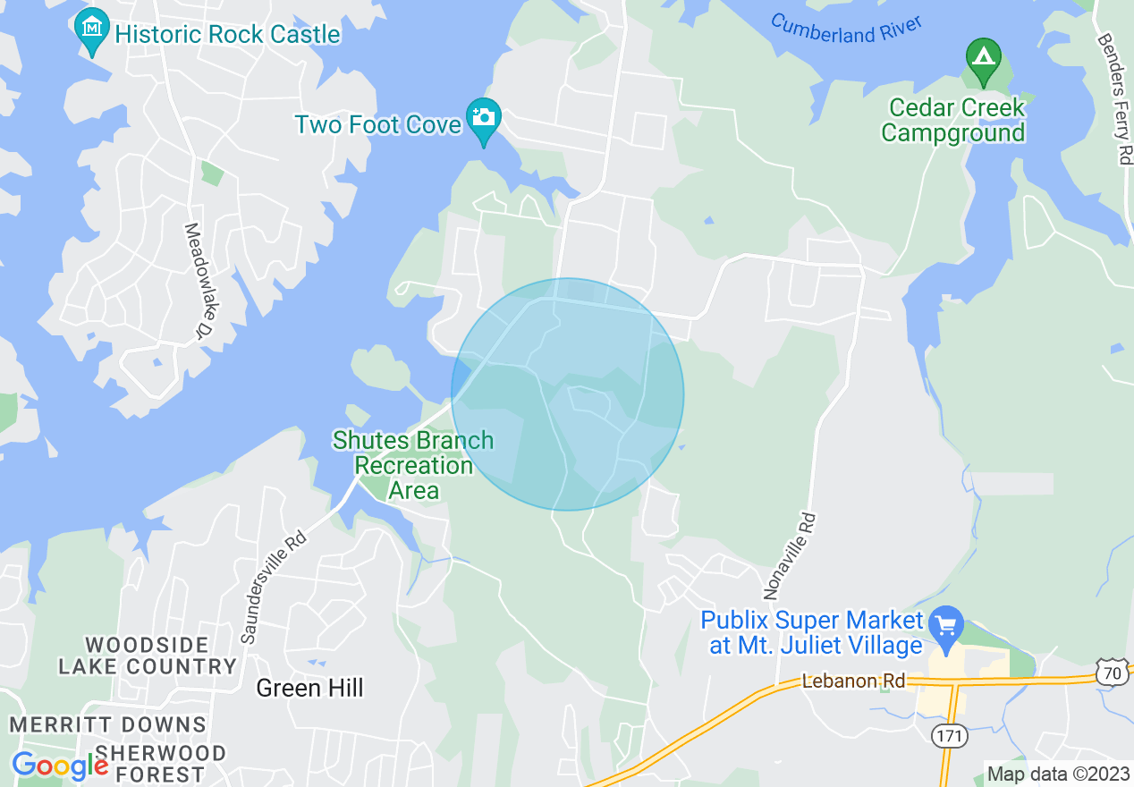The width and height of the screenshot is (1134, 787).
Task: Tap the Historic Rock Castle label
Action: [x=228, y=35]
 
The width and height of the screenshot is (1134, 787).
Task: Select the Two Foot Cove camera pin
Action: [x=484, y=119]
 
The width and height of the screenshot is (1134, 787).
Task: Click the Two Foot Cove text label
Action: [x=377, y=124]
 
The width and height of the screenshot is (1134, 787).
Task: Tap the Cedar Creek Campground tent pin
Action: [x=984, y=59]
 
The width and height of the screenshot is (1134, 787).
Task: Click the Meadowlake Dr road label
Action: [x=196, y=280]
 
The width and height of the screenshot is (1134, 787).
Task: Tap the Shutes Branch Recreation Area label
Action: [x=413, y=465]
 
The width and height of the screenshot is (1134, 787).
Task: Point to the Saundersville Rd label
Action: [x=274, y=587]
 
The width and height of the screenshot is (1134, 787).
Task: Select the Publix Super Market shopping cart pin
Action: [x=946, y=626]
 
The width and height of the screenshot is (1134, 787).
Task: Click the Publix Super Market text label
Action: [x=812, y=632]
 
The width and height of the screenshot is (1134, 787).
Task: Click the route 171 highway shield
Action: [x=947, y=736]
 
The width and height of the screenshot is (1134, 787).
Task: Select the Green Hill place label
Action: [x=310, y=688]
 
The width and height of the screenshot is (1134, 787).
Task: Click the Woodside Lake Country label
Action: [x=148, y=656]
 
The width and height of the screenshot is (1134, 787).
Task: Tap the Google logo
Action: [x=60, y=766]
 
